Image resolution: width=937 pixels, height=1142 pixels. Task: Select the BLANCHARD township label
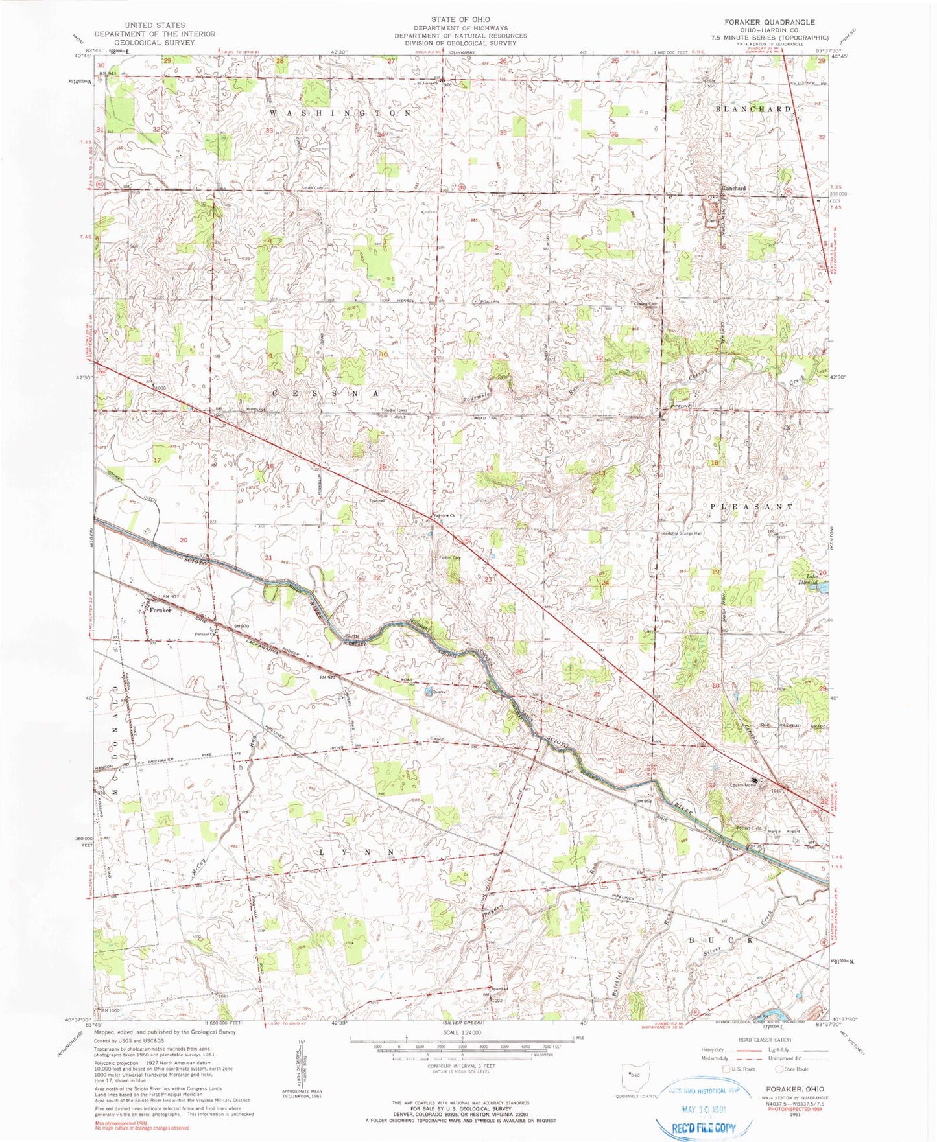[752, 110]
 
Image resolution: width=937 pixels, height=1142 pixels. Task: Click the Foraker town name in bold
[160, 610]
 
